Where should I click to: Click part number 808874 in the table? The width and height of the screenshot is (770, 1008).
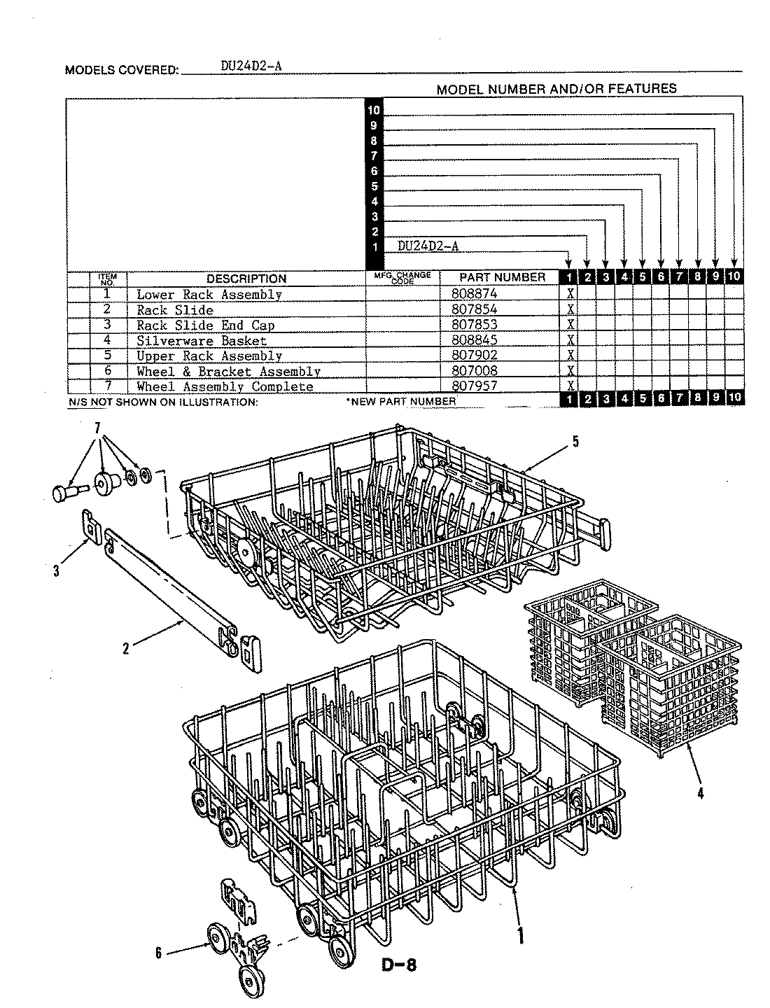[475, 295]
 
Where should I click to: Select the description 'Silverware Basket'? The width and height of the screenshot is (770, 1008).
[202, 341]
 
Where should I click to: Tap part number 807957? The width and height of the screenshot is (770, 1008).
[475, 386]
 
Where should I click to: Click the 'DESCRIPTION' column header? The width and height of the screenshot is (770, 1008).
[246, 279]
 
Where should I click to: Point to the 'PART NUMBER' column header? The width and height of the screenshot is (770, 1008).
[502, 277]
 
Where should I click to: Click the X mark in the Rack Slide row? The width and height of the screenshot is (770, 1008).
[571, 310]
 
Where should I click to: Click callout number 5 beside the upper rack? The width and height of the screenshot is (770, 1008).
[575, 441]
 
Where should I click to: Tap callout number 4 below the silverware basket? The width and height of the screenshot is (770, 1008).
[701, 793]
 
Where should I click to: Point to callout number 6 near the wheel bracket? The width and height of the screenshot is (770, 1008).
[158, 953]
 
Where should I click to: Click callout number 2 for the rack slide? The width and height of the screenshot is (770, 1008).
[126, 649]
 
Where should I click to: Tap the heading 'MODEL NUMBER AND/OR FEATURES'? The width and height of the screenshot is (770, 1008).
[556, 89]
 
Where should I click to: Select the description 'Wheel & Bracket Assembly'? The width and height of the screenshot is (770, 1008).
[228, 372]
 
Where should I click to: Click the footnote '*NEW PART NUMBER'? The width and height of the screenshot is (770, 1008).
[400, 402]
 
